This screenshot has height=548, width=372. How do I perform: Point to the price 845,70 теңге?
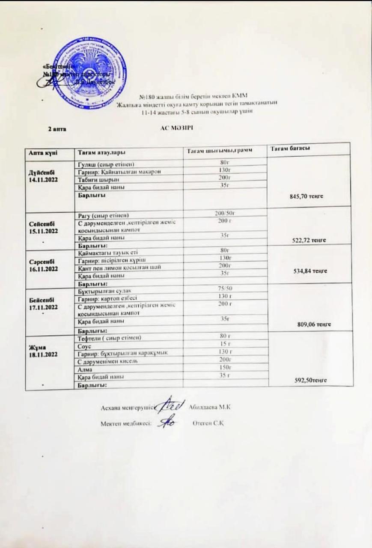pyautogui.click(x=307, y=196)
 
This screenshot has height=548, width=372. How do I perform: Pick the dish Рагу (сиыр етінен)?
pyautogui.click(x=103, y=214)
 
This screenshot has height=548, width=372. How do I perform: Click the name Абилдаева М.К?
pyautogui.click(x=210, y=407)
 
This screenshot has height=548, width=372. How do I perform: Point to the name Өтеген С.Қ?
pyautogui.click(x=209, y=423)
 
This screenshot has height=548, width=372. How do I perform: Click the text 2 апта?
pyautogui.click(x=57, y=128)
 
